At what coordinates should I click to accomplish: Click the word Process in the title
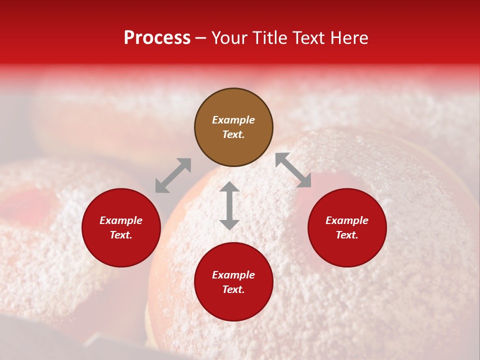(157, 38)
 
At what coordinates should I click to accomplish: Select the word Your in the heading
(230, 38)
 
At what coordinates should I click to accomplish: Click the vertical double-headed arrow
(229, 205)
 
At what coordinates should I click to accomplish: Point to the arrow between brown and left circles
(173, 175)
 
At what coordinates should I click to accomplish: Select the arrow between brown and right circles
(293, 170)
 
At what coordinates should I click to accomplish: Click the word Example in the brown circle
(233, 120)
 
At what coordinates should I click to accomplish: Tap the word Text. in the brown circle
(233, 134)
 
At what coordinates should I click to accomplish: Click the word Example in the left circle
(121, 220)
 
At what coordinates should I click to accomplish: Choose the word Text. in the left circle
(121, 235)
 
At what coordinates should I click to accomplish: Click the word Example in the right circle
(347, 220)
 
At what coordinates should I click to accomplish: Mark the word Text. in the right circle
(347, 235)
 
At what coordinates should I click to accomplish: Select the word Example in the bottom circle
(233, 275)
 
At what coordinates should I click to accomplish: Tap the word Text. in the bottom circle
(233, 289)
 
